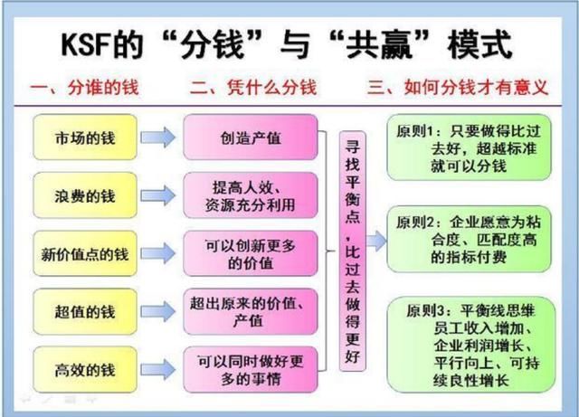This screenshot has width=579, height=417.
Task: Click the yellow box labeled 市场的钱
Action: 85,137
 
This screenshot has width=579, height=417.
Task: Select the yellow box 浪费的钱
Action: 85,195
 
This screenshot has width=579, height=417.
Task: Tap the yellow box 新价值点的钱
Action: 85,253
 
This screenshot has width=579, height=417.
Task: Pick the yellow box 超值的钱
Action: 85,312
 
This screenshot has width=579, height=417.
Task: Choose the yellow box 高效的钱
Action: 85,369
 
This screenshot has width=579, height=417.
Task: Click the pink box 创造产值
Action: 251,137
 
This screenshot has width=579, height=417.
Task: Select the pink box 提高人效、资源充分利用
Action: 251,195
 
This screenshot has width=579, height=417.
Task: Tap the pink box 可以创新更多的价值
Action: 251,253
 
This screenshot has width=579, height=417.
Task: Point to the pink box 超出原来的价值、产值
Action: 251,312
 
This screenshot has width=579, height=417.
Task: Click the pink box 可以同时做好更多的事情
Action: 251,369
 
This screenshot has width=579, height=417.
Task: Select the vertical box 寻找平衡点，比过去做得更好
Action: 352,251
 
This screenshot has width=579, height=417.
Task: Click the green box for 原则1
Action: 469,147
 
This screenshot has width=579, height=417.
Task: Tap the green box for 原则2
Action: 469,239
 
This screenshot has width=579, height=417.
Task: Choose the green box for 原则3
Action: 471,345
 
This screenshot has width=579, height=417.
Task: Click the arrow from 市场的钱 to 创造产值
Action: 158,137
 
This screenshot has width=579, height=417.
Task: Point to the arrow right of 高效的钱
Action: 158,369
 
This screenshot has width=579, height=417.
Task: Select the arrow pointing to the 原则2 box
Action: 376,241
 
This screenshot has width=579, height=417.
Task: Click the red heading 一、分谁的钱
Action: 84,88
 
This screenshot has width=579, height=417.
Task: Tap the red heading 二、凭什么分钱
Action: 253,88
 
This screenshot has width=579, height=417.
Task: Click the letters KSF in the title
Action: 86,45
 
